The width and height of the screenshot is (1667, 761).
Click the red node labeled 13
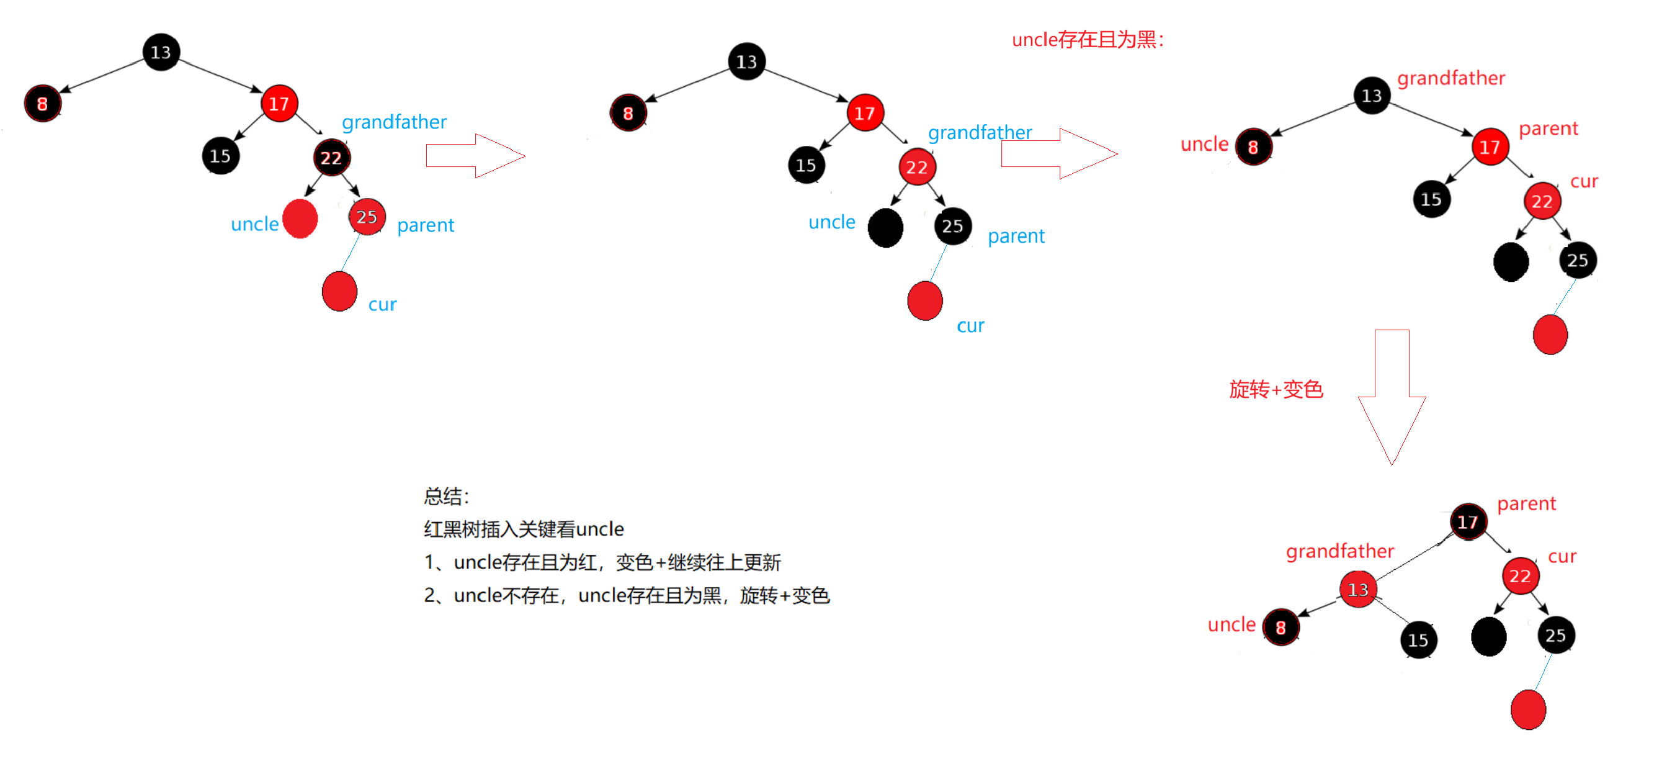click(1357, 589)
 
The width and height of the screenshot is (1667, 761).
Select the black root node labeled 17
click(1467, 521)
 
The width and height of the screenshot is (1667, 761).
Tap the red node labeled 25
click(367, 217)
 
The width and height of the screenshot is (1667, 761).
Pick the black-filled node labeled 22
click(331, 158)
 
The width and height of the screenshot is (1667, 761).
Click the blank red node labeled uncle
click(300, 219)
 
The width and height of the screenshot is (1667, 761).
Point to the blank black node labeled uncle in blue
click(885, 227)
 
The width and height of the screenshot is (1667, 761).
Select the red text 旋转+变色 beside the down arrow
click(1276, 389)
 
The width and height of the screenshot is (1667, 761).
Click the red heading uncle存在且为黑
click(1087, 40)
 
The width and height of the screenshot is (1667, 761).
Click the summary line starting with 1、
click(602, 562)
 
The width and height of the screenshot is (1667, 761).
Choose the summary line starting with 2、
click(627, 595)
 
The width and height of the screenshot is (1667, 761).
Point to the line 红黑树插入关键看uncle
click(524, 529)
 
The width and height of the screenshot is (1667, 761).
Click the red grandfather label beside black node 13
click(1451, 78)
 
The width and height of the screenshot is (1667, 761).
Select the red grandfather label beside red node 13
click(1339, 551)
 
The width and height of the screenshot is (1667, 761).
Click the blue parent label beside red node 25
click(425, 225)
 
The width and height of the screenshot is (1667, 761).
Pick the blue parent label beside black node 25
click(1016, 236)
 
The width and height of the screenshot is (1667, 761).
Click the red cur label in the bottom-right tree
click(1562, 556)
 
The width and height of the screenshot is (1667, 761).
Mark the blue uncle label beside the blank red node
click(254, 224)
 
